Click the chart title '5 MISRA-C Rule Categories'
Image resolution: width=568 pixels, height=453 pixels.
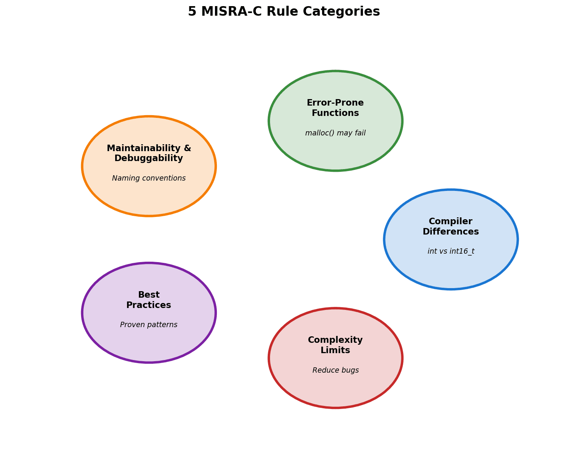coord(284,11)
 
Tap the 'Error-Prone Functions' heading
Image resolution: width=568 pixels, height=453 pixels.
coord(335,108)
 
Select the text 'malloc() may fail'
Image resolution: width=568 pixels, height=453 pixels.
coord(335,133)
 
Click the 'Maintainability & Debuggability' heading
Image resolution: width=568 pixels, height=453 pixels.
coord(149,153)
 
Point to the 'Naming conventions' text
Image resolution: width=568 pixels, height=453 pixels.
coord(149,178)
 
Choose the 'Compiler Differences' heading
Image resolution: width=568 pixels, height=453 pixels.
coord(451,226)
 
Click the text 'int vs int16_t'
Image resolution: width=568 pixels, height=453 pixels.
coord(451,251)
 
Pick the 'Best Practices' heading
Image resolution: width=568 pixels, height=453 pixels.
coord(149,300)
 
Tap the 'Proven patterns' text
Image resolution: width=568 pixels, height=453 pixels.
coord(149,325)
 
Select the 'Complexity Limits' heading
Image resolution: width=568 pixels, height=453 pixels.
coord(335,345)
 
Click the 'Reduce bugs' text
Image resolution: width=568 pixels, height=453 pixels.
coord(335,370)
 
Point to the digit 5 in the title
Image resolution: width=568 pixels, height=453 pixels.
coord(192,11)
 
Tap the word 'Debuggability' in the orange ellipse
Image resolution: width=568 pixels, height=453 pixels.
coord(149,158)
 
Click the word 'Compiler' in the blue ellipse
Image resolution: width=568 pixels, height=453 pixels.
coord(451,222)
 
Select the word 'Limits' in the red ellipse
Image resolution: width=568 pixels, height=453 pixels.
coord(335,350)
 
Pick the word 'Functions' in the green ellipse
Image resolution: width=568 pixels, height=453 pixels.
coord(335,113)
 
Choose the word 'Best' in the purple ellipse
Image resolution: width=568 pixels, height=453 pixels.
coord(149,295)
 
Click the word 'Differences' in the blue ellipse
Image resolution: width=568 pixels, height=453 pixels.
coord(451,232)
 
